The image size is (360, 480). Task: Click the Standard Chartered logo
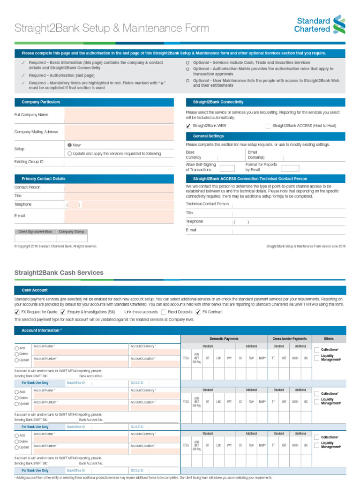tap(320, 24)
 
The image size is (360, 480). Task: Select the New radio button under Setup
tap(69, 145)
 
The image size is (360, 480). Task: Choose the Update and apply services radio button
tap(69, 153)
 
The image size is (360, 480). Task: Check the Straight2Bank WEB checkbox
tap(188, 126)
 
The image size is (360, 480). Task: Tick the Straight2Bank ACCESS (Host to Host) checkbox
tap(268, 126)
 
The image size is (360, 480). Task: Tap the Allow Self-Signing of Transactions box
tap(227, 168)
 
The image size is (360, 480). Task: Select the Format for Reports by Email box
tap(290, 168)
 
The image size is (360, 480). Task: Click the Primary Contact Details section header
tap(43, 179)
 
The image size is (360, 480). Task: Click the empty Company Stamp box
tap(72, 238)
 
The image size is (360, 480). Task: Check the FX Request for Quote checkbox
tap(17, 312)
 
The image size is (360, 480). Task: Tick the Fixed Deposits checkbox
tap(164, 312)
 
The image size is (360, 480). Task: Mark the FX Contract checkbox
tap(198, 312)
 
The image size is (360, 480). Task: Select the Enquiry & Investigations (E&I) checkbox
tap(63, 312)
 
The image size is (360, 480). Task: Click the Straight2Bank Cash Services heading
tap(59, 272)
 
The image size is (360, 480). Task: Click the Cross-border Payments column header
tap(290, 338)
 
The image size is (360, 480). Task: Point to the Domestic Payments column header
tap(224, 338)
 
